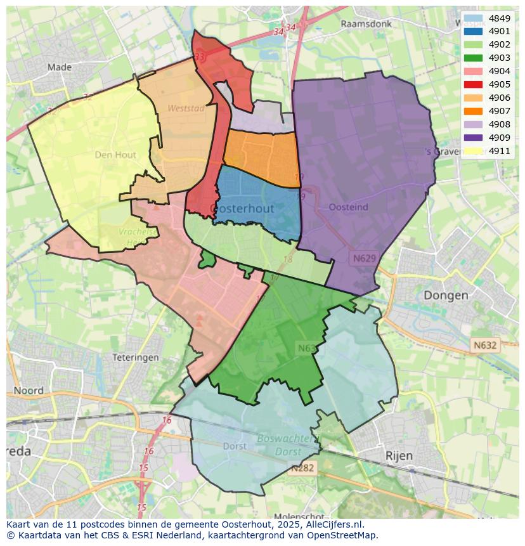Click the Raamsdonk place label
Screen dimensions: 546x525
[x=366, y=24]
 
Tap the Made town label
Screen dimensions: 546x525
[x=60, y=67]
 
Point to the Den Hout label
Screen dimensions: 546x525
[x=116, y=154]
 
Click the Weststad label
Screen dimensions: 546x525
[x=186, y=108]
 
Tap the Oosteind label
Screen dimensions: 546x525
[x=349, y=207]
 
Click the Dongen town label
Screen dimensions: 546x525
[x=446, y=296]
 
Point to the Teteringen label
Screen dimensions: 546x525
[x=135, y=358]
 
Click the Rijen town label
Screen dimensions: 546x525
[x=399, y=455]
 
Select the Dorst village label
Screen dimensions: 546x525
[x=235, y=446]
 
